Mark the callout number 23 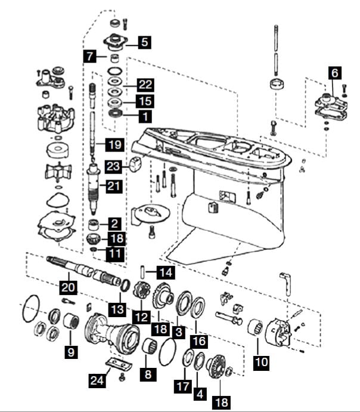(114, 165)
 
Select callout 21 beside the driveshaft (114, 187)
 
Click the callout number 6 (335, 74)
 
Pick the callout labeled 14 (165, 273)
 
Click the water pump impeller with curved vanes (58, 172)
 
